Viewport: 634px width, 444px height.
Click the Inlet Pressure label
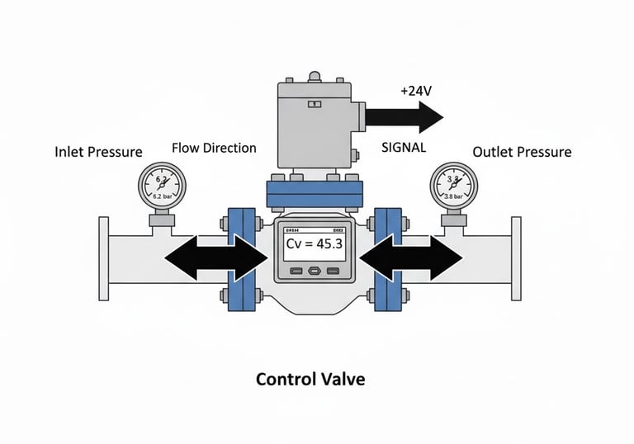coord(98,152)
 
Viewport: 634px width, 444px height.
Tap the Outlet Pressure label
coord(522,152)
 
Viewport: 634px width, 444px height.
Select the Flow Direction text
coord(214,149)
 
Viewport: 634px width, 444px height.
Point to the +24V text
coord(416,92)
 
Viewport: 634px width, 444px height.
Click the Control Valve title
coord(310,380)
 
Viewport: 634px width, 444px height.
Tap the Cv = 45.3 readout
coord(314,244)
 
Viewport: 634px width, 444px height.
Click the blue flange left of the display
coord(241,258)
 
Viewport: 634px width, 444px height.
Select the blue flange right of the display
coord(386,258)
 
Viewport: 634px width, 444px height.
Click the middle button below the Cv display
coord(314,271)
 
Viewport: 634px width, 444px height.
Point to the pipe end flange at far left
coord(104,258)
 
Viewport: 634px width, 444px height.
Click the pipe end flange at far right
coord(516,258)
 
